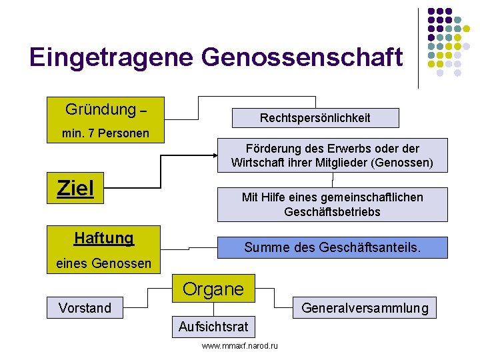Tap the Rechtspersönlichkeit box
[x=315, y=118]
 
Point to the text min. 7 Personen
[x=105, y=133]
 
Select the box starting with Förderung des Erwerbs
[x=332, y=155]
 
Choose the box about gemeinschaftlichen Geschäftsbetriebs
[x=332, y=204]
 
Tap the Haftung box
[x=105, y=238]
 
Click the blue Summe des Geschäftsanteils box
[x=332, y=247]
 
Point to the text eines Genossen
[x=104, y=264]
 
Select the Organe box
[x=213, y=289]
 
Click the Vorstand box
[x=85, y=308]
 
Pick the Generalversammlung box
[x=365, y=308]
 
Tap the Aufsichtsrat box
[x=213, y=326]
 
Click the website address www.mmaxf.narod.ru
[x=240, y=345]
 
